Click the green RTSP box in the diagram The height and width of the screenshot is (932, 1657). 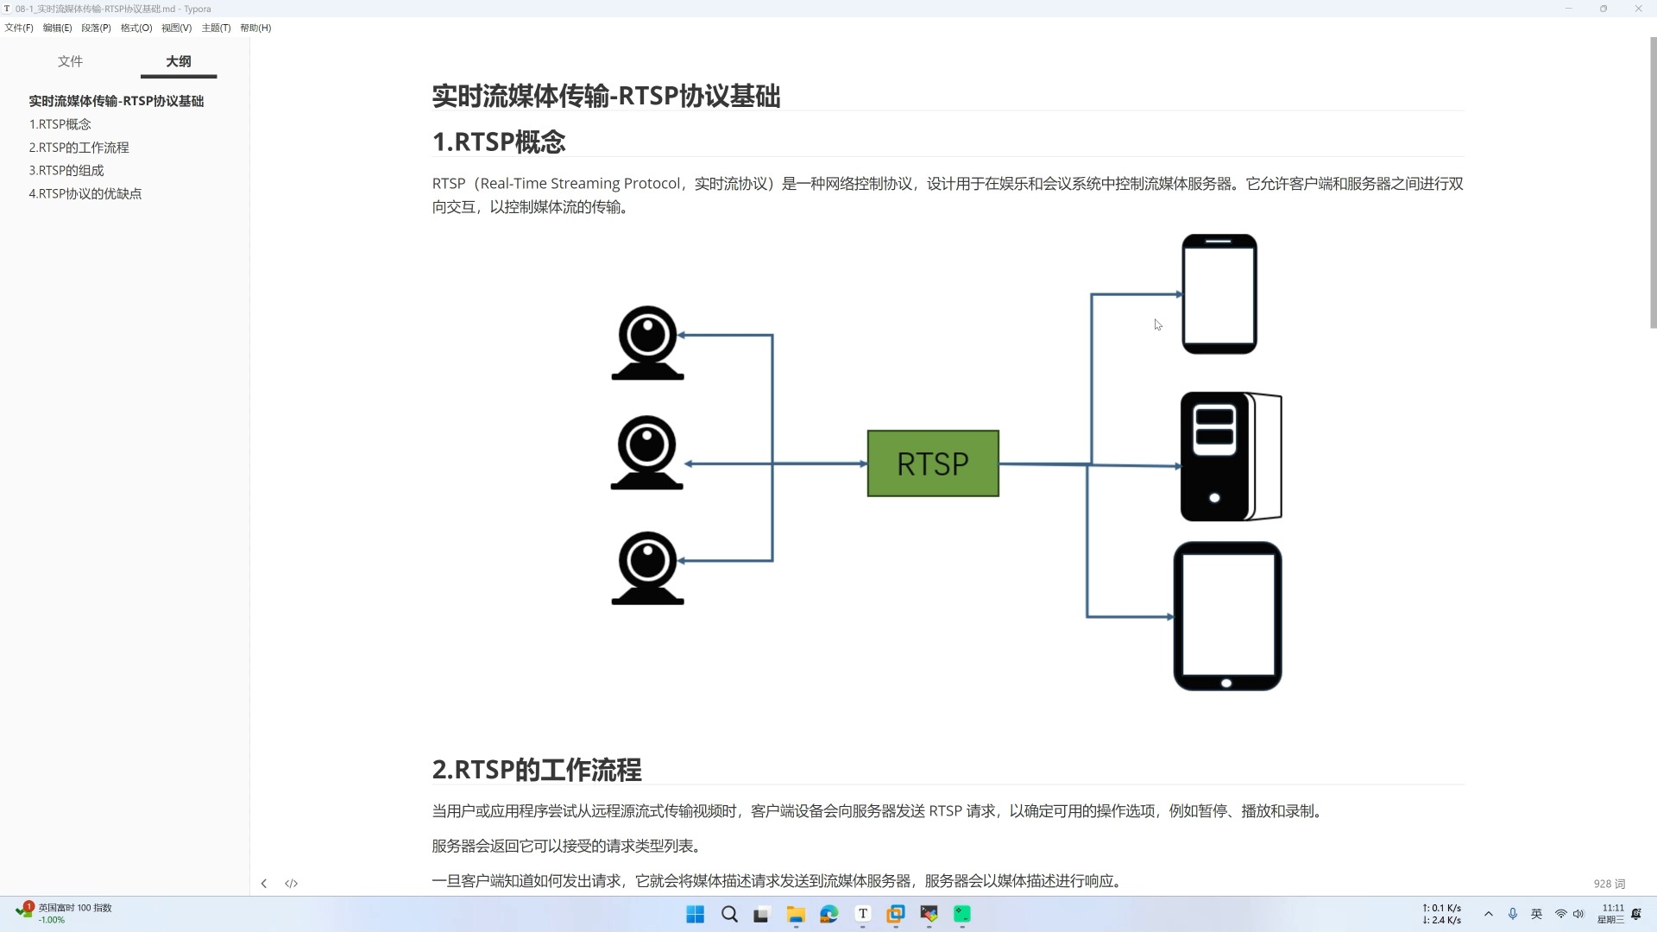[x=933, y=463]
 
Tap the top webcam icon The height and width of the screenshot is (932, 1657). [x=647, y=342]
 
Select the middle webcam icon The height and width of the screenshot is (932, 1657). [x=646, y=452]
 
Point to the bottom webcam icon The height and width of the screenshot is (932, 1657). [x=647, y=568]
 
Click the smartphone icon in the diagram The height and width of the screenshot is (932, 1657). [x=1219, y=294]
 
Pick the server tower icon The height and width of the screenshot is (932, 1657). [x=1230, y=457]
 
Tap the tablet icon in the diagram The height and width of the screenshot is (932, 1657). [x=1227, y=616]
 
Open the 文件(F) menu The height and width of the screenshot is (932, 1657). [x=19, y=28]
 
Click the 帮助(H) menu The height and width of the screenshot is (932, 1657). [x=255, y=28]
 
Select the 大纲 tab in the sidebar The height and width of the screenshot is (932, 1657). [x=179, y=61]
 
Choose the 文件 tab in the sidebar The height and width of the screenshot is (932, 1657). [x=71, y=61]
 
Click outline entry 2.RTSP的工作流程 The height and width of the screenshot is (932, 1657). [x=79, y=148]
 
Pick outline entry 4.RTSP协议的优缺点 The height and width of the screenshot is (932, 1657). [x=85, y=194]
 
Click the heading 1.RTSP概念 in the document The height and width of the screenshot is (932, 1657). [x=499, y=142]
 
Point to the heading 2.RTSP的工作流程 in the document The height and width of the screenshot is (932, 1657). [x=537, y=770]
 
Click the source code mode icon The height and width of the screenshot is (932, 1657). [x=292, y=884]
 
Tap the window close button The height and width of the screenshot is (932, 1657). [x=1638, y=9]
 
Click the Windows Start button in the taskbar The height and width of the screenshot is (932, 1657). [x=695, y=915]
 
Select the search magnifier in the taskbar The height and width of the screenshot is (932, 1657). [x=729, y=915]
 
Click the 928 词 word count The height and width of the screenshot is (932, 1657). [x=1610, y=884]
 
